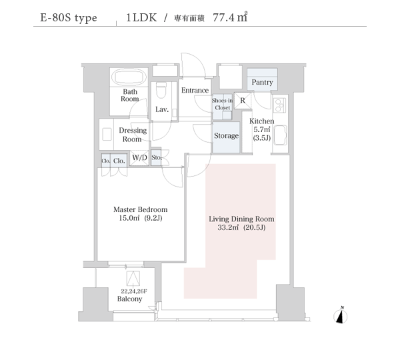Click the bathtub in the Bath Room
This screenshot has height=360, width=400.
click(129, 77)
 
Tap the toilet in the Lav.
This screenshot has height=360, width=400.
click(161, 91)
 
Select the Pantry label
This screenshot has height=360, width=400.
click(262, 82)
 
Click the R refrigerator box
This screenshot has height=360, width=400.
click(243, 101)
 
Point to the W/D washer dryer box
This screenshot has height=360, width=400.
click(139, 158)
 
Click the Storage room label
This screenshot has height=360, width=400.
click(226, 136)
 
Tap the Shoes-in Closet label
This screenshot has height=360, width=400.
click(222, 104)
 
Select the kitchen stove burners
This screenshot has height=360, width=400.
click(279, 105)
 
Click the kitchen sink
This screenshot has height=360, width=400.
click(280, 135)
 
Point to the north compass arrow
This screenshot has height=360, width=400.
click(341, 315)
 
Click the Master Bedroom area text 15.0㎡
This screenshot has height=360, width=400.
click(129, 218)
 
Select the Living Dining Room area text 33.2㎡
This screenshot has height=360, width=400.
click(228, 227)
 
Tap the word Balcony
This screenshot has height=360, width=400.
click(129, 299)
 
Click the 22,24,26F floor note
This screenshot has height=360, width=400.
click(134, 291)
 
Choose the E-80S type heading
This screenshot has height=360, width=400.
click(69, 18)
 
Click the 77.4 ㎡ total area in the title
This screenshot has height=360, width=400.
click(230, 17)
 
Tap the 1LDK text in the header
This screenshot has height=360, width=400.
click(141, 17)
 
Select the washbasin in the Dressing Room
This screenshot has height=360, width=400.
click(107, 134)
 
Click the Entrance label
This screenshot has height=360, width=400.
click(195, 90)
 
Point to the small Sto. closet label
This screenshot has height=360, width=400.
click(157, 158)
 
